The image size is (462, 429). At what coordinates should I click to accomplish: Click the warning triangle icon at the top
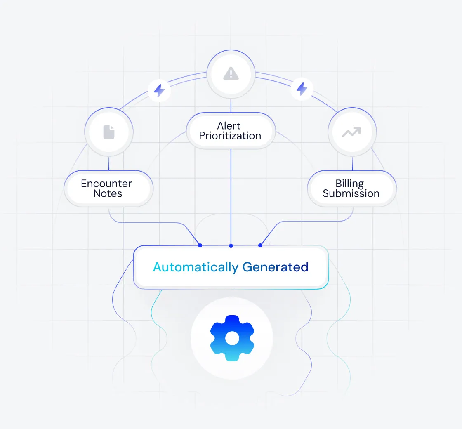click(x=231, y=74)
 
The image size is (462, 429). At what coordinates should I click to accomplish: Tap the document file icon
click(x=109, y=132)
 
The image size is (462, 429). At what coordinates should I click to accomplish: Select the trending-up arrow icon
click(x=351, y=132)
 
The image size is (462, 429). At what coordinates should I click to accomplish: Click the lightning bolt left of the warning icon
click(x=159, y=90)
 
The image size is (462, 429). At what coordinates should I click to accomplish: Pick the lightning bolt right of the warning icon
click(x=302, y=89)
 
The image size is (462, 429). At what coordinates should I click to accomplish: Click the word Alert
click(x=229, y=125)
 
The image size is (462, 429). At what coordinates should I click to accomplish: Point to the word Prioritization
click(x=230, y=136)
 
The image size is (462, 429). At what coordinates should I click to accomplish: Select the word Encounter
click(x=106, y=184)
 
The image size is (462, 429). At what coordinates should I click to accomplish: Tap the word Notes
click(x=108, y=193)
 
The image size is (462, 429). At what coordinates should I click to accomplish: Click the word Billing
click(x=349, y=184)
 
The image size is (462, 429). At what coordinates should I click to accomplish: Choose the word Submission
click(x=351, y=193)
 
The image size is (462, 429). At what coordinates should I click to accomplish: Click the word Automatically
click(x=196, y=267)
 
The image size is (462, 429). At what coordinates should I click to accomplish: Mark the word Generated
click(x=275, y=267)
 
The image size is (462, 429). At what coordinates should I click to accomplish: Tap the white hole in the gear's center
click(x=232, y=338)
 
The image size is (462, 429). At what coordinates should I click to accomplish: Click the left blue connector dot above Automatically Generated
click(x=200, y=245)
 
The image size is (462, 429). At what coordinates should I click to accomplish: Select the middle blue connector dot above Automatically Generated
click(x=231, y=246)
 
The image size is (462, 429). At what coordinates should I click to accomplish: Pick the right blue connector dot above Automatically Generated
click(x=260, y=245)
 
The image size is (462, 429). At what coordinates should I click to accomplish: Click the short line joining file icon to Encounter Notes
click(x=109, y=163)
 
